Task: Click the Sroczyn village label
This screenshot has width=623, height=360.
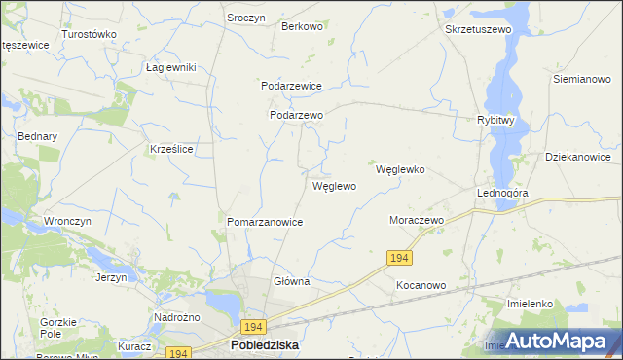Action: click(246, 18)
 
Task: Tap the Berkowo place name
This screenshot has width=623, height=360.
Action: click(302, 26)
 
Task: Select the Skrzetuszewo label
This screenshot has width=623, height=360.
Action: click(478, 30)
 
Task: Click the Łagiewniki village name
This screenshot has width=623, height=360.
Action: click(171, 67)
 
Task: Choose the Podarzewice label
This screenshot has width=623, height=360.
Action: click(291, 86)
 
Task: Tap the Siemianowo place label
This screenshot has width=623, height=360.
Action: click(581, 78)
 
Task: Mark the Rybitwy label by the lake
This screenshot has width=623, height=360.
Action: click(495, 121)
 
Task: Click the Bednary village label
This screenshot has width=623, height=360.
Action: click(38, 136)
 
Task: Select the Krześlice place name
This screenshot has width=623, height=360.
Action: click(171, 149)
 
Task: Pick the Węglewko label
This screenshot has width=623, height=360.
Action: click(400, 168)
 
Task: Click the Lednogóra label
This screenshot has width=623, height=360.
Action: click(501, 193)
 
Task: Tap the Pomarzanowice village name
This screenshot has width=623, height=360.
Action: click(265, 222)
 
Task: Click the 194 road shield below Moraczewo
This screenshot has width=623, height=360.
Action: click(399, 257)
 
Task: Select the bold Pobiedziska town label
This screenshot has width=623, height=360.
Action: click(264, 345)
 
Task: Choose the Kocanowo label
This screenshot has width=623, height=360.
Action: click(421, 286)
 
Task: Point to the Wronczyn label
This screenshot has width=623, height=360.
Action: click(67, 221)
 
